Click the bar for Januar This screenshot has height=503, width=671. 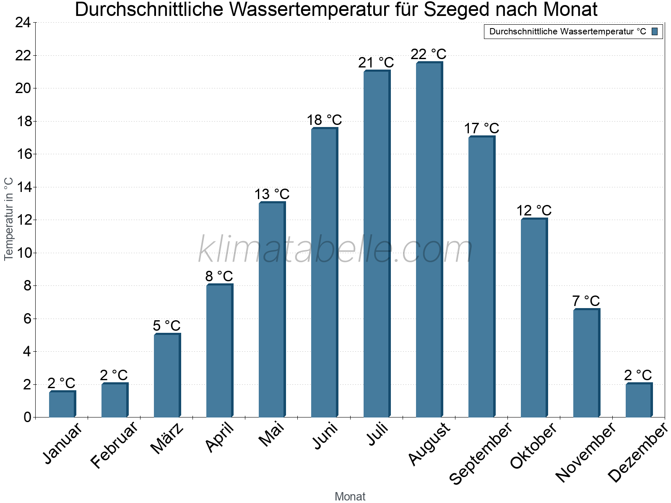[x=62, y=404]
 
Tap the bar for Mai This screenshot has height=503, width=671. [x=272, y=310]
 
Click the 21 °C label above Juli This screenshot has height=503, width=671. [x=376, y=63]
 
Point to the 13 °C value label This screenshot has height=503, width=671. [x=272, y=194]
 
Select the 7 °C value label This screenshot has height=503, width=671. [x=586, y=301]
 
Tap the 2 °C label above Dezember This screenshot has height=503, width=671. [x=638, y=375]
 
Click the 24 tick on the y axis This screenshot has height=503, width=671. [x=23, y=23]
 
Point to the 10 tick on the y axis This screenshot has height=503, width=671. [x=23, y=253]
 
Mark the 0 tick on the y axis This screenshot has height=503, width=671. [x=27, y=417]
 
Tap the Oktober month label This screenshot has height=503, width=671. [x=533, y=445]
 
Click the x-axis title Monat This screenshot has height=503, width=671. [x=350, y=496]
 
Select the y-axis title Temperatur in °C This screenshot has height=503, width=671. [x=9, y=219]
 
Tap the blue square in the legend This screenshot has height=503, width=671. [x=655, y=31]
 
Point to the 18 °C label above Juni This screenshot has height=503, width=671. [x=324, y=120]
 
